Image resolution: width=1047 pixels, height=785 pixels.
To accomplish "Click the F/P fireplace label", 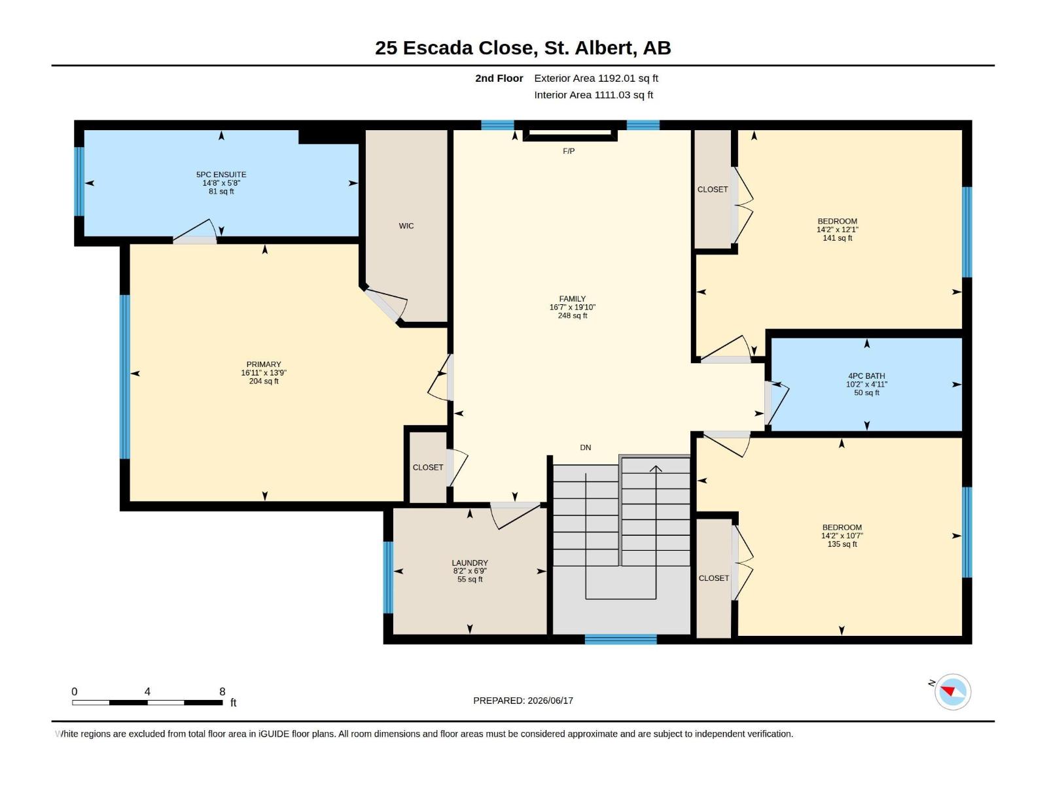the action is click(x=569, y=151).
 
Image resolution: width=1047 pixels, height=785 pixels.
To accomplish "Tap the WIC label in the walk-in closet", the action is click(x=406, y=226).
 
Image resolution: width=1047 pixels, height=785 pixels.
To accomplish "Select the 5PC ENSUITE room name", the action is click(x=221, y=175).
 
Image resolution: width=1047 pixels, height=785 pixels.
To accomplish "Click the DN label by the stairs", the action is click(x=585, y=447).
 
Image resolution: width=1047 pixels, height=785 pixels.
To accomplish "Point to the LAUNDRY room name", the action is click(x=470, y=563).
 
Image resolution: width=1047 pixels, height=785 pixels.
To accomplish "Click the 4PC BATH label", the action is click(x=866, y=376).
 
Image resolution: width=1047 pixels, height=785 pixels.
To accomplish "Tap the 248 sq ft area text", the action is click(x=573, y=315).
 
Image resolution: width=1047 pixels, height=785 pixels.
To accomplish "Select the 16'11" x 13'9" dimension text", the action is click(x=264, y=373).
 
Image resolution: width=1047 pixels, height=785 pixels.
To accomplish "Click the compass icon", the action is click(x=952, y=691).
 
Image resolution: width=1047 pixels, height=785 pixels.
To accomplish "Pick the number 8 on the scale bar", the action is click(x=222, y=691).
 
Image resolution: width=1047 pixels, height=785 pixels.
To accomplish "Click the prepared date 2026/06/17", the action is click(x=550, y=701).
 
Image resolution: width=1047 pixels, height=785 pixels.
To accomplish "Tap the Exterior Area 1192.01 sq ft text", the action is click(x=596, y=78).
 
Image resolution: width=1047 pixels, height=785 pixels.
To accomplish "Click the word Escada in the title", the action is click(x=437, y=48).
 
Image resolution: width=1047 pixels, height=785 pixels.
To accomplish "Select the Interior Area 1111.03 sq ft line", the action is click(x=594, y=95).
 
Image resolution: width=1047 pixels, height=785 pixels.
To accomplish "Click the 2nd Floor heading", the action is click(x=499, y=78).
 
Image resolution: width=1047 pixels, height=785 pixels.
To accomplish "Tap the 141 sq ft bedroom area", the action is click(x=837, y=238).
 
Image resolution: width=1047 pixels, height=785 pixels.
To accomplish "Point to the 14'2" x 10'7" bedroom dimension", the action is click(x=842, y=536).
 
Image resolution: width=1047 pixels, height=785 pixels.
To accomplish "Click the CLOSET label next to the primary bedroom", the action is click(x=428, y=468).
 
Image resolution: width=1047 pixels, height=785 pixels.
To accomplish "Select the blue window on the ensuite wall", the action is click(x=79, y=182).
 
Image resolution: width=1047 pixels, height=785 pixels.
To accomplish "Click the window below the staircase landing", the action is click(x=620, y=640).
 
